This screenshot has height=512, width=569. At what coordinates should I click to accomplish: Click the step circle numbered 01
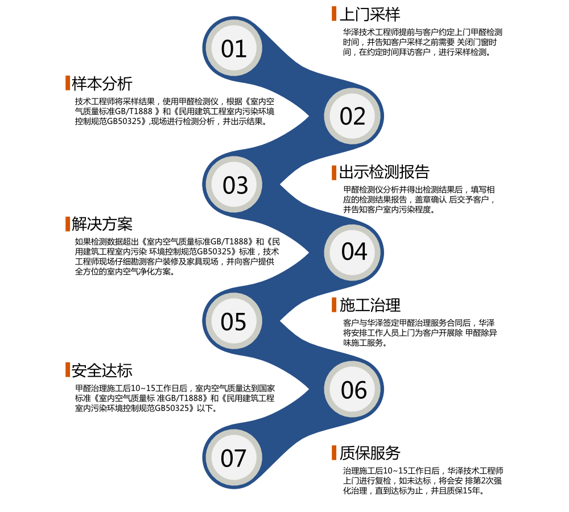tap(234, 49)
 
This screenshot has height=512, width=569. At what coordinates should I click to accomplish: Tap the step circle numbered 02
tap(353, 117)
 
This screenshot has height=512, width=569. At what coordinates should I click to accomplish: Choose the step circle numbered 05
tap(233, 322)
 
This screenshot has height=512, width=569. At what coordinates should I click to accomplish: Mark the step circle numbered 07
tap(233, 458)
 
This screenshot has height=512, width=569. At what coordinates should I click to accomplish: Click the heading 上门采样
tap(369, 14)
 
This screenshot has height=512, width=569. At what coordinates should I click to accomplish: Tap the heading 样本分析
tap(102, 83)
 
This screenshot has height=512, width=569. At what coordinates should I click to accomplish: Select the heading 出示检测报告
tap(384, 172)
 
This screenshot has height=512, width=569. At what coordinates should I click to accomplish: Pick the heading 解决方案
tap(102, 224)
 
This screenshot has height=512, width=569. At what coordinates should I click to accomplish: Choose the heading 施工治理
tap(370, 305)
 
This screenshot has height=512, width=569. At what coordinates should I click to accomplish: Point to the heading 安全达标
tap(102, 370)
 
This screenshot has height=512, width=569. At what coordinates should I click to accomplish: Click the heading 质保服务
tap(370, 453)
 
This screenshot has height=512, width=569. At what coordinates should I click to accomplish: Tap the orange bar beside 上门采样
tap(334, 14)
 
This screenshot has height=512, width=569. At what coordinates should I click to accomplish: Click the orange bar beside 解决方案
tap(68, 224)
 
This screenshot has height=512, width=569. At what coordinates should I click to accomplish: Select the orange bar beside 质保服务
tap(334, 453)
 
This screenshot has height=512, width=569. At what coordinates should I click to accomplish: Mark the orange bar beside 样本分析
tap(68, 83)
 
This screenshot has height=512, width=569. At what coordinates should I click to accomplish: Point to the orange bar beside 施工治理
tap(334, 305)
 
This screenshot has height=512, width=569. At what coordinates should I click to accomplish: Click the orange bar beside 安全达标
tap(68, 370)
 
